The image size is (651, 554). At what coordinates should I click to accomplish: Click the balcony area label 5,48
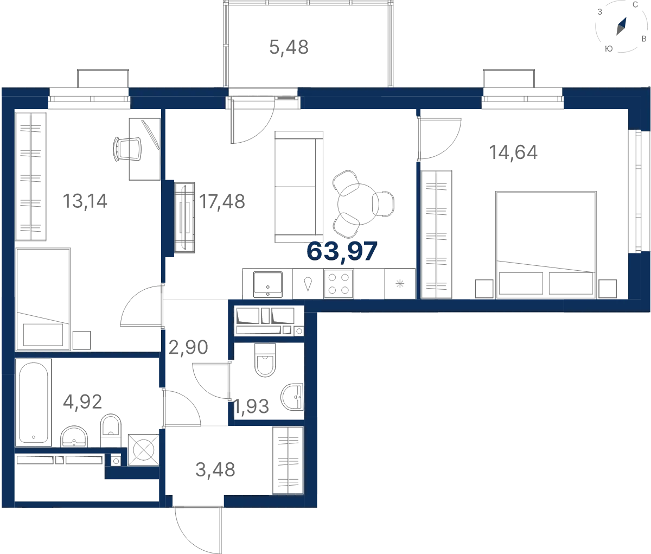click(x=289, y=48)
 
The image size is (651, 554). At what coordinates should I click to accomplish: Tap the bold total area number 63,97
click(x=342, y=251)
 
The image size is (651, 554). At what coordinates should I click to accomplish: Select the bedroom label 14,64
click(x=513, y=152)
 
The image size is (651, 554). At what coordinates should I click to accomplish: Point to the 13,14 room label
click(x=85, y=201)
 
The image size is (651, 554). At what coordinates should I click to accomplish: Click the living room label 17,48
click(x=222, y=201)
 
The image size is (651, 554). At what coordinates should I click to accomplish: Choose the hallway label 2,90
click(x=188, y=347)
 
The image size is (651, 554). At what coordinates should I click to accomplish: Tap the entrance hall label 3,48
click(x=215, y=469)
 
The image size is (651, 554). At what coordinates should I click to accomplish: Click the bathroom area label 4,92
click(x=82, y=402)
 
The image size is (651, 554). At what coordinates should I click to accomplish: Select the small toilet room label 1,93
click(x=251, y=406)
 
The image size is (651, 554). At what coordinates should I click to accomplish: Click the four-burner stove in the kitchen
click(x=339, y=283)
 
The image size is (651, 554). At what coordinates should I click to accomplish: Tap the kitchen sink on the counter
click(x=267, y=284)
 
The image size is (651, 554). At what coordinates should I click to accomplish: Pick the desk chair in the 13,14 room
click(x=127, y=149)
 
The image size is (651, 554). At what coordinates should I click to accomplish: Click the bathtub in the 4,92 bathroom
click(x=34, y=402)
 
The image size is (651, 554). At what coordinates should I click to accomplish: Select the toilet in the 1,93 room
click(x=265, y=360)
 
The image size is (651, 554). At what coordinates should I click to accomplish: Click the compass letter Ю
click(x=609, y=49)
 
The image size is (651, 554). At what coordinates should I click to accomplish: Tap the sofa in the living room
click(x=299, y=187)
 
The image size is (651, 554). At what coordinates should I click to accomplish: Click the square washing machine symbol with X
click(x=143, y=450)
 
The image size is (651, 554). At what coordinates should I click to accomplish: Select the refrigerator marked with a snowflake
click(x=400, y=283)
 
